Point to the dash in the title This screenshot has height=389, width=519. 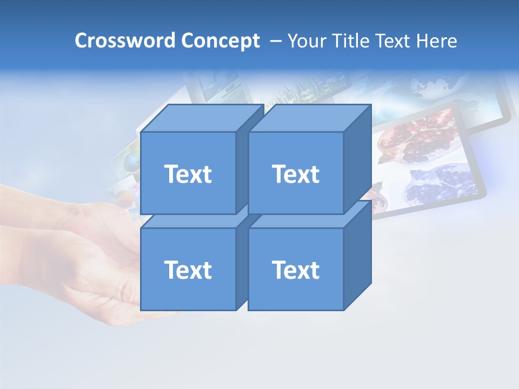click(275, 41)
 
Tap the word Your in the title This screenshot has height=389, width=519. click(306, 41)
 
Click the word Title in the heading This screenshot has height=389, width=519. click(350, 41)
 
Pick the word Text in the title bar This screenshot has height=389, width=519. click(397, 41)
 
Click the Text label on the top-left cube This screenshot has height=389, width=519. click(188, 174)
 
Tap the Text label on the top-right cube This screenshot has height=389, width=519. click(295, 174)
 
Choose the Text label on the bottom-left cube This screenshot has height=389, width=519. click(188, 270)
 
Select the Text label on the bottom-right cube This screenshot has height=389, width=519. click(295, 270)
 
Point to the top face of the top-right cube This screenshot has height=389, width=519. click(309, 118)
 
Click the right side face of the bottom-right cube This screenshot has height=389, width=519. click(357, 257)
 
